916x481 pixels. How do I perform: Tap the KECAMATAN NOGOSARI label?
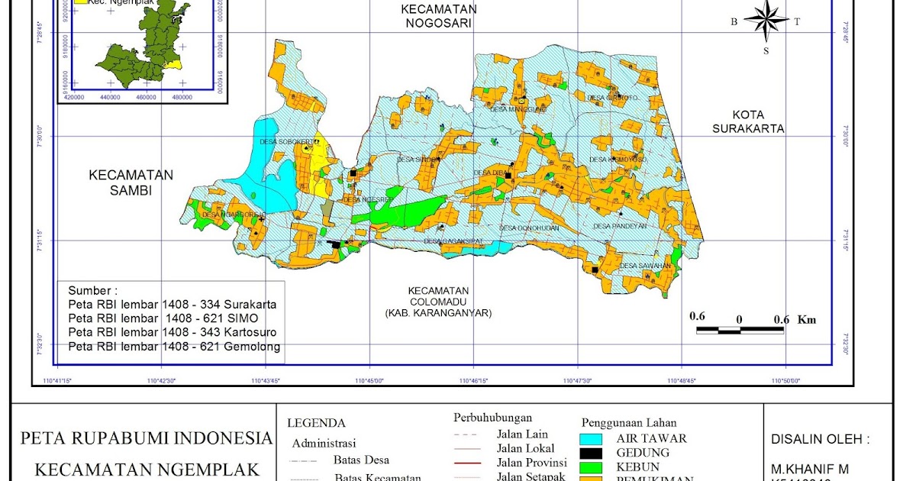440,16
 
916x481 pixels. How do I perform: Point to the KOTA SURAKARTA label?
748,121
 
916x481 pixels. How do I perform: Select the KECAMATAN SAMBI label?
131,182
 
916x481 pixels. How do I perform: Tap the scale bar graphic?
740,331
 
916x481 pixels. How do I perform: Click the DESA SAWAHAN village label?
645,266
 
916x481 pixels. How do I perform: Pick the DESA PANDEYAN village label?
620,226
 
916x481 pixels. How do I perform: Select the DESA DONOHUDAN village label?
529,228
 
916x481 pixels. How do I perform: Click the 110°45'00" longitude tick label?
369,380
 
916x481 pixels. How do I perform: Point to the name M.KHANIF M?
808,468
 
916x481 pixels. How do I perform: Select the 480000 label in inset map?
182,97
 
